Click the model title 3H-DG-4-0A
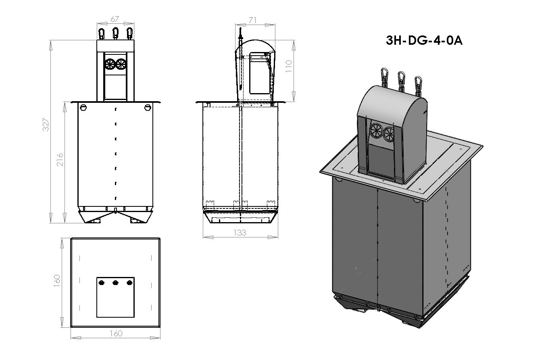click(x=424, y=41)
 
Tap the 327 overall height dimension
click(x=46, y=125)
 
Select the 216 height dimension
click(x=60, y=160)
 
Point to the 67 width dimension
click(x=115, y=19)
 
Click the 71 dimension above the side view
click(x=253, y=20)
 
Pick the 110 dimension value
click(x=288, y=66)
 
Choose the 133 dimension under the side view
click(x=240, y=233)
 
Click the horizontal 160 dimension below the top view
click(x=116, y=333)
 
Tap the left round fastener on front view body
click(x=84, y=107)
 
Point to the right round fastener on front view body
click(x=148, y=107)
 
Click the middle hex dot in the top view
click(x=115, y=282)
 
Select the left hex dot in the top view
click(x=102, y=282)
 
